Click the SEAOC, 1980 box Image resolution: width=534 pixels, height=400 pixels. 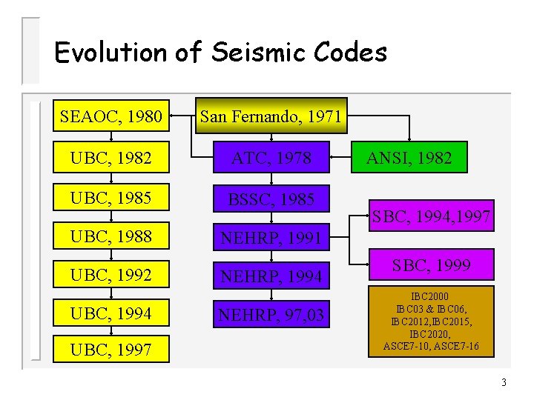111,116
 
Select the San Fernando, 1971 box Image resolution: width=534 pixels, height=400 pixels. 271,116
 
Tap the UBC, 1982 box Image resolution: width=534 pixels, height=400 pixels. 111,157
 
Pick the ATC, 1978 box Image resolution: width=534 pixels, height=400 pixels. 271,157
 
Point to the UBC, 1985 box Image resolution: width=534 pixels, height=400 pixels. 111,199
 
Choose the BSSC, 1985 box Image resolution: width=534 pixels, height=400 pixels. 271,199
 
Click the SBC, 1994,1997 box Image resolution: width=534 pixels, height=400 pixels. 431,216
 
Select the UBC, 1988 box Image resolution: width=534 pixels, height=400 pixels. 111,238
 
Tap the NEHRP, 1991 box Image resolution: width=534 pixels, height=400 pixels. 271,238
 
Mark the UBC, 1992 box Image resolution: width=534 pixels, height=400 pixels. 111,276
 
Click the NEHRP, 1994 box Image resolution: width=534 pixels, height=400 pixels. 271,276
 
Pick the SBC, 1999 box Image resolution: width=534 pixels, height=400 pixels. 431,265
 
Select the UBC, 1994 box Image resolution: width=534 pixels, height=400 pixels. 111,314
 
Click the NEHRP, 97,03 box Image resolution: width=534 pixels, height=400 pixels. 271,316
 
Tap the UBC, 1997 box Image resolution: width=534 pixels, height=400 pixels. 111,349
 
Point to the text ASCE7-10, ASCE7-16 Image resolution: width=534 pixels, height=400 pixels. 431,346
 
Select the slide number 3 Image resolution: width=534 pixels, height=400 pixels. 504,383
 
